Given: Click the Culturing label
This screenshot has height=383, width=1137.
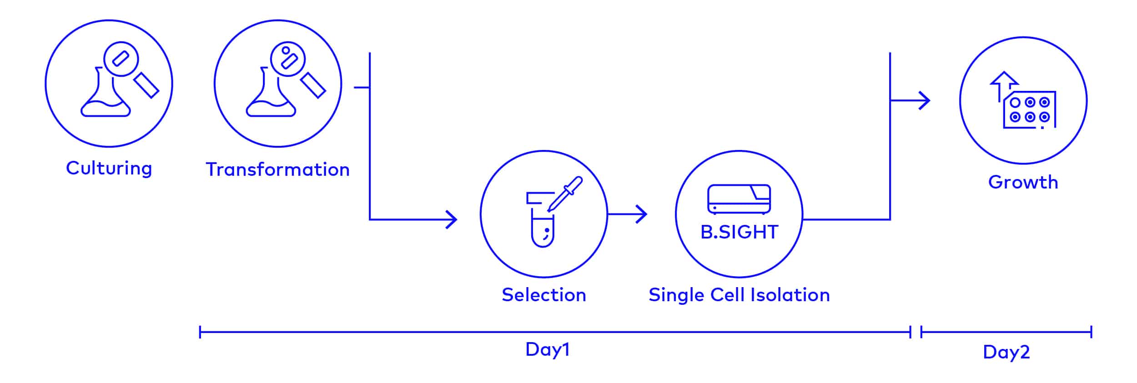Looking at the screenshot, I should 109,168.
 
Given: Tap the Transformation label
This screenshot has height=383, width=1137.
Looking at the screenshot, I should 277,169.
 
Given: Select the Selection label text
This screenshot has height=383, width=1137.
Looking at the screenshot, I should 543,295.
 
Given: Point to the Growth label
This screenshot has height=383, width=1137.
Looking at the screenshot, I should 1023,182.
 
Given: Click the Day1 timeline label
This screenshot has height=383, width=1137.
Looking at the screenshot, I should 547,349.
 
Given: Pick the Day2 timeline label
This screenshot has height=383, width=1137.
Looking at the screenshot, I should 1006,352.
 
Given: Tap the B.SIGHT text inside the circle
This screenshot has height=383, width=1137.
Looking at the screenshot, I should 739,232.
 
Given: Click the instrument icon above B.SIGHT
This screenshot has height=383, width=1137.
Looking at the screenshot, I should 739,199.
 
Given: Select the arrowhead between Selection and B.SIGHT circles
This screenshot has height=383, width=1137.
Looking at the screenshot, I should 641,214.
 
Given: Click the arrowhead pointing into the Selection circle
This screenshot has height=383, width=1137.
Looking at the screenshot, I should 451,219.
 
